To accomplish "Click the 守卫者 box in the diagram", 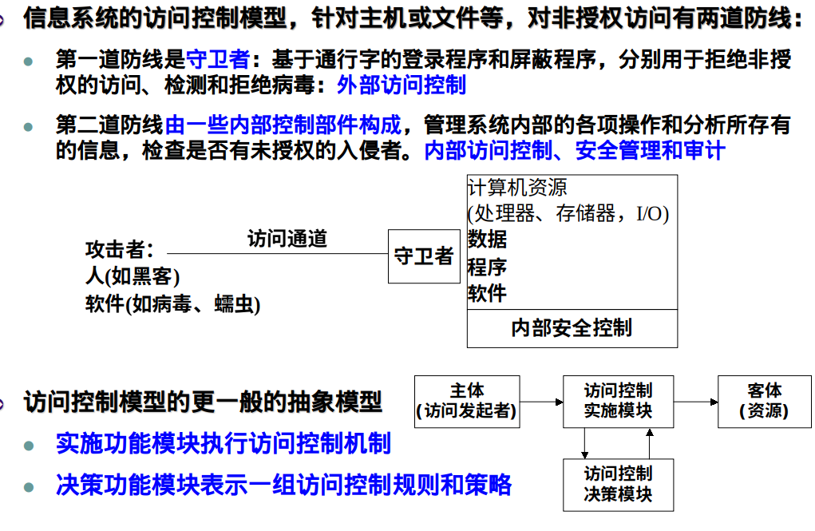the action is (x=424, y=256).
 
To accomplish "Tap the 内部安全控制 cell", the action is (x=572, y=327).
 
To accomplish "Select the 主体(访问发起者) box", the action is (x=467, y=402).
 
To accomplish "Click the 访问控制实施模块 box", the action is (x=618, y=402).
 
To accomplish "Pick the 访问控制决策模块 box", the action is (x=618, y=485).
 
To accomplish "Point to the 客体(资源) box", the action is (x=764, y=402).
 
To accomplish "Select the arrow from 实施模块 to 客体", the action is (x=695, y=402).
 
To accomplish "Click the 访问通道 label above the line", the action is (x=287, y=238).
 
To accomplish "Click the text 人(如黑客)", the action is (x=133, y=277).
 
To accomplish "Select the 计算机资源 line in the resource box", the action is (x=517, y=188).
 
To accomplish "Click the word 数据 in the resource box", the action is (x=487, y=239).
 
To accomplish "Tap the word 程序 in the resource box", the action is (x=487, y=266).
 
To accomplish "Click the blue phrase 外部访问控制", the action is (x=402, y=85).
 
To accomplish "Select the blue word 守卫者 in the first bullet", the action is (x=218, y=59).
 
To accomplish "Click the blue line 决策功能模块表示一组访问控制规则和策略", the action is (x=283, y=484).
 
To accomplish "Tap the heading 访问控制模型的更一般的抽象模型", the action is (x=203, y=401).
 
